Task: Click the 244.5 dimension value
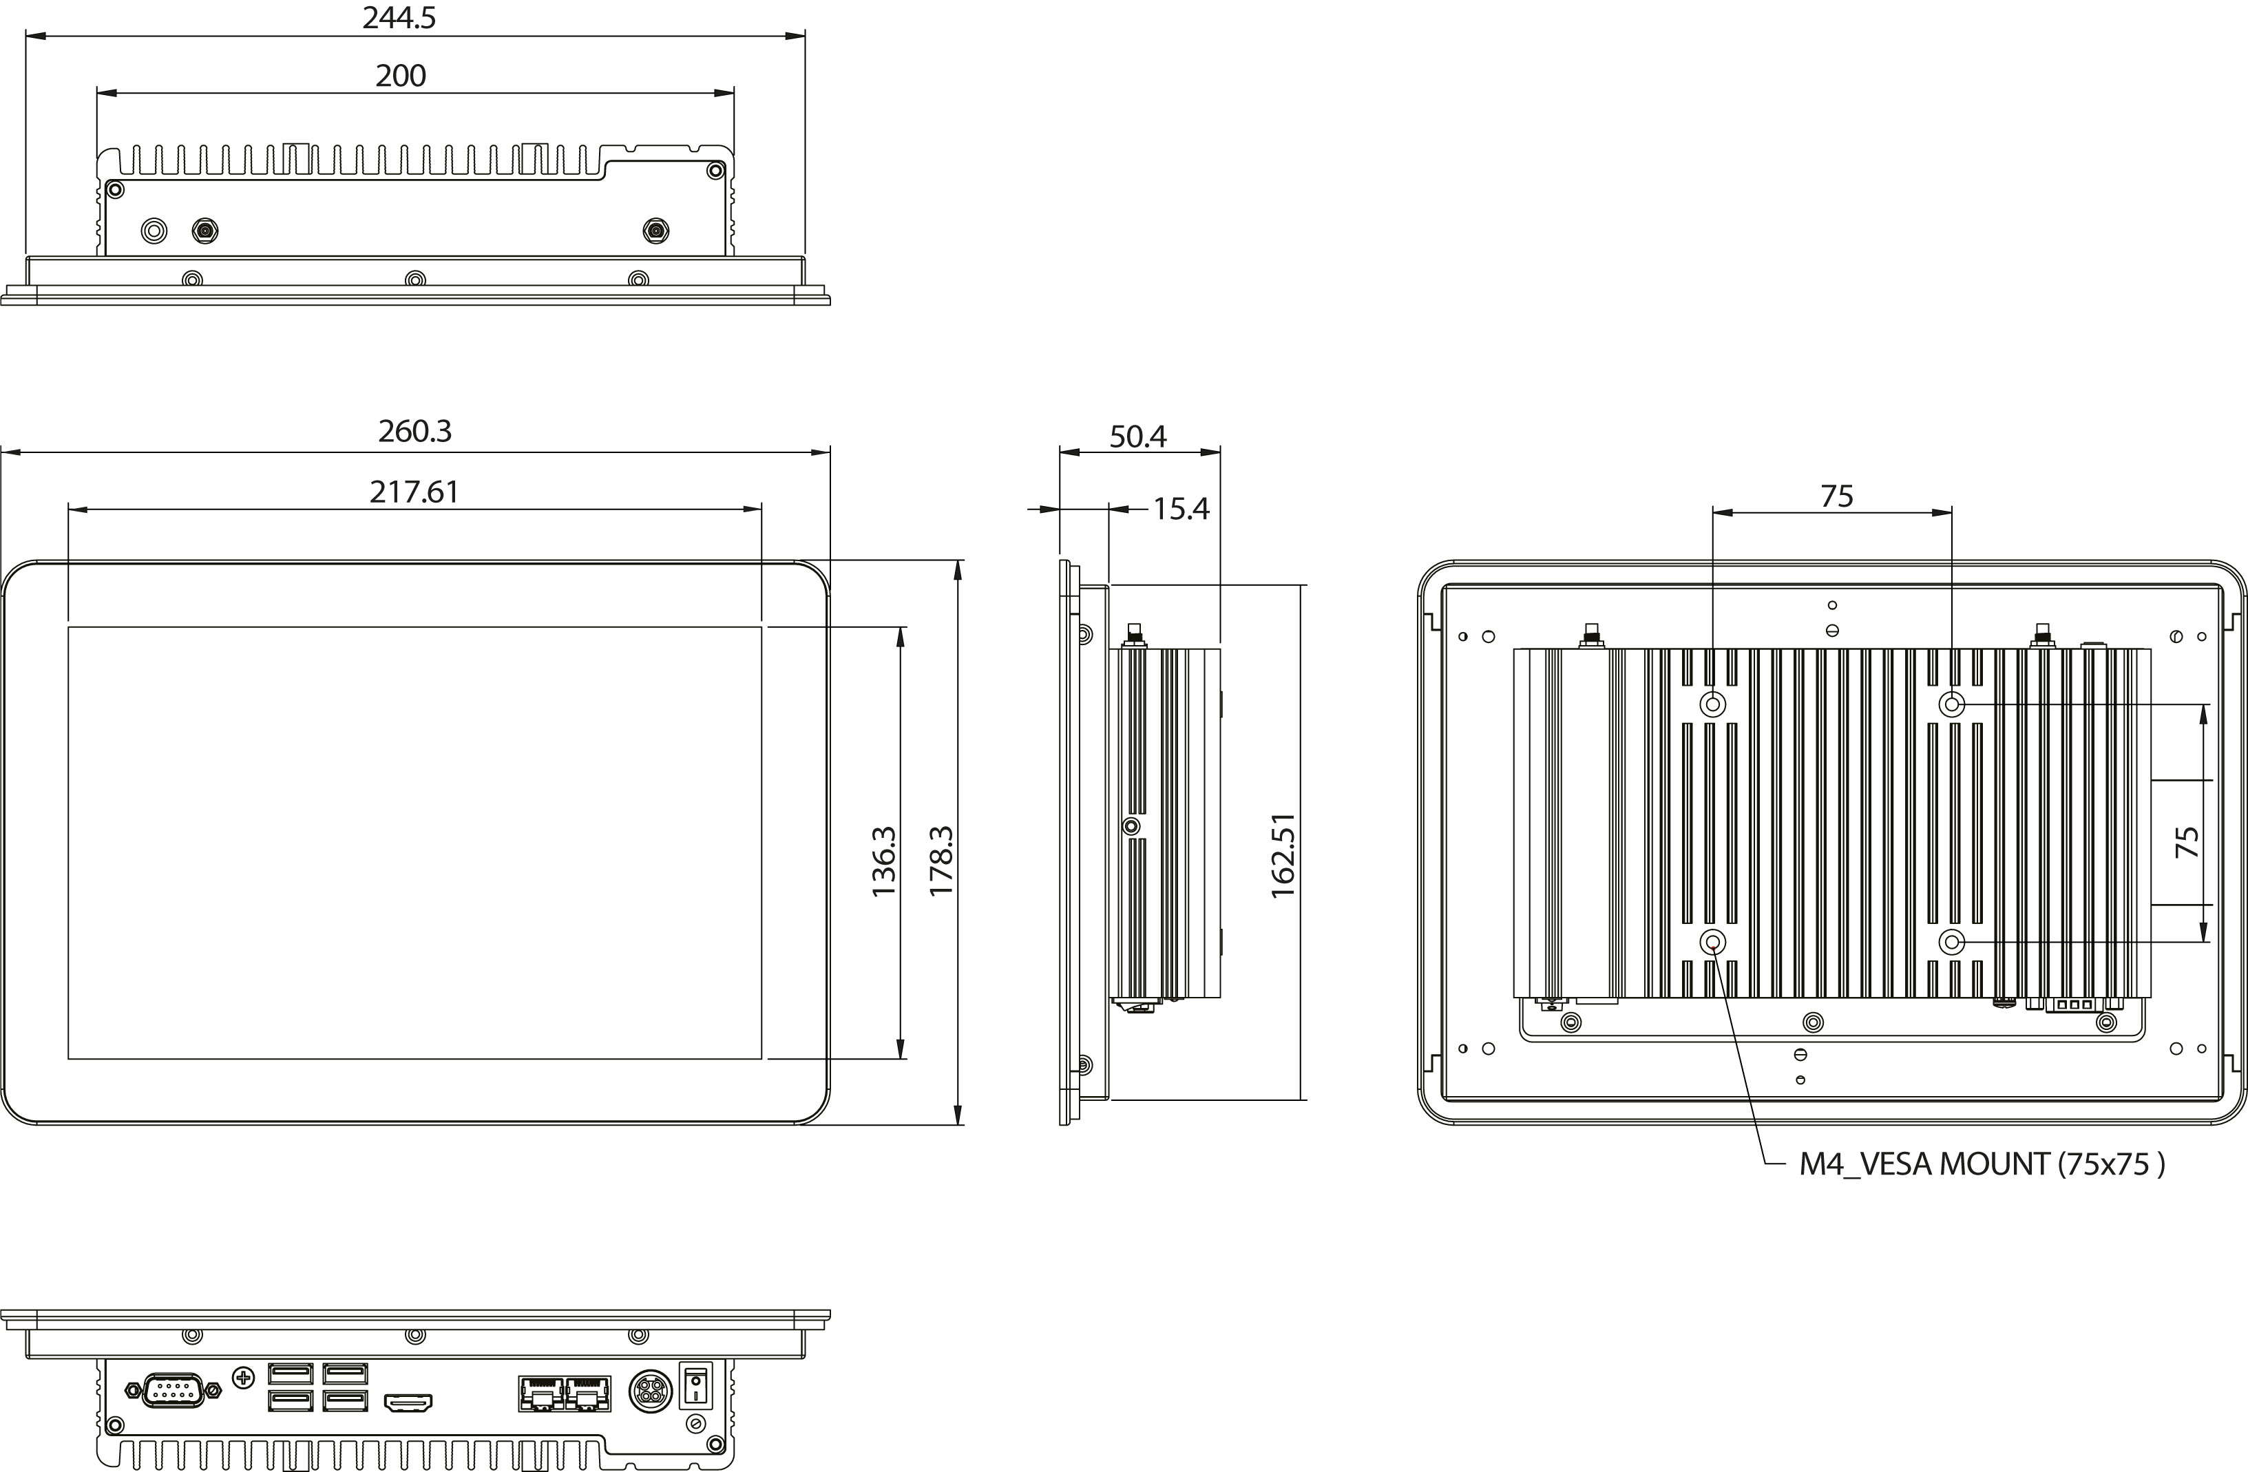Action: pos(399,18)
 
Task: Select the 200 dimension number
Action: pos(401,76)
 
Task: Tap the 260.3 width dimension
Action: pos(414,431)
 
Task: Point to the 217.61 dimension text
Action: pos(414,492)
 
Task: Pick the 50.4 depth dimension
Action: pos(1137,437)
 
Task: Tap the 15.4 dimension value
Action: pos(1181,509)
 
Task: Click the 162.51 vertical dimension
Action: pos(1283,855)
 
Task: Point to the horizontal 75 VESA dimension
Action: pos(1836,496)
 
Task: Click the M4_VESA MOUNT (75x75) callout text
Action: pos(1982,1164)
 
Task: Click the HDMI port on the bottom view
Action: pos(408,1403)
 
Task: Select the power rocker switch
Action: pos(695,1385)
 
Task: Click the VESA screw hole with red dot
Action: pos(1712,942)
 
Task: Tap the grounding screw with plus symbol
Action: pos(244,1378)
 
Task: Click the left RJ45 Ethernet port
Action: pos(540,1394)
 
